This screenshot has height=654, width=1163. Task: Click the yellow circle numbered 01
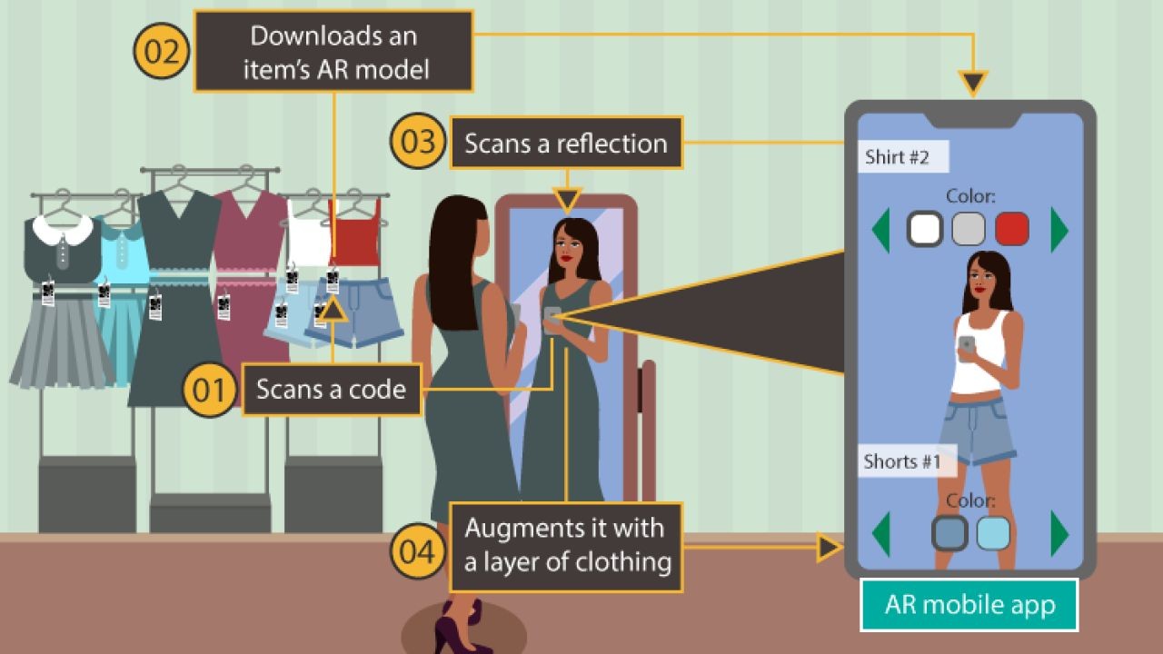[210, 391]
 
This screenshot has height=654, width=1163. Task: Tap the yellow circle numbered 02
[162, 51]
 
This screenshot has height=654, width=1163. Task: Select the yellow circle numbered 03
[418, 143]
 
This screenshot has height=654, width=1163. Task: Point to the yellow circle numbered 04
[418, 551]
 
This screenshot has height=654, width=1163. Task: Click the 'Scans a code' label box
[332, 390]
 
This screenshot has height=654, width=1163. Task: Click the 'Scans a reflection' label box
[566, 143]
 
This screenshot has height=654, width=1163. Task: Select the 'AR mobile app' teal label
[969, 605]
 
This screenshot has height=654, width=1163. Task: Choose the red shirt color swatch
[1011, 230]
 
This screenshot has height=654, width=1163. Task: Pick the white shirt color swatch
[925, 230]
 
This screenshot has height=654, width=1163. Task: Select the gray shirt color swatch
[968, 230]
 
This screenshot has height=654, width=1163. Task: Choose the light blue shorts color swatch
[993, 533]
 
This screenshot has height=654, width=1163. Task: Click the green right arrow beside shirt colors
[1059, 231]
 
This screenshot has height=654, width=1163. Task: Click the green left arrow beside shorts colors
[880, 533]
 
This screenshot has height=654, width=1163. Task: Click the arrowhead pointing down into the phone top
[973, 84]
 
